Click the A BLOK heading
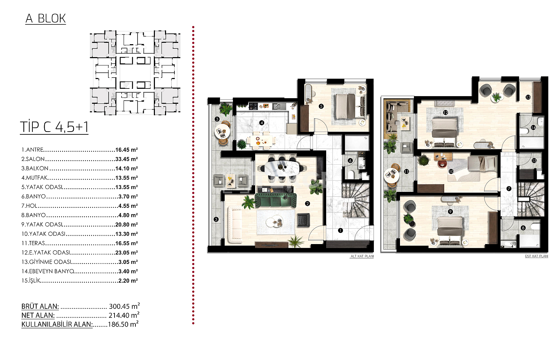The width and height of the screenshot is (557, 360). pyautogui.click(x=46, y=19)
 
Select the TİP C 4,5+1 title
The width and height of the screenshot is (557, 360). pyautogui.click(x=54, y=127)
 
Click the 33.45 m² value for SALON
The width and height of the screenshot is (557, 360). pyautogui.click(x=127, y=159)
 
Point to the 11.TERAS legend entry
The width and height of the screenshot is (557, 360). pyautogui.click(x=33, y=243)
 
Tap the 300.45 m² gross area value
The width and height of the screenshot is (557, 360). pyautogui.click(x=124, y=306)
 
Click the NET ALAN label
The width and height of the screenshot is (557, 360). pyautogui.click(x=38, y=315)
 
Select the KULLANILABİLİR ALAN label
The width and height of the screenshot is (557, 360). pyautogui.click(x=57, y=324)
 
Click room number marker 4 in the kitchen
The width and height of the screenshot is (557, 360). pyautogui.click(x=261, y=123)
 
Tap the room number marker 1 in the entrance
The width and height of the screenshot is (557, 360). pyautogui.click(x=340, y=230)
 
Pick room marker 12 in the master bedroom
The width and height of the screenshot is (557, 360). pyautogui.click(x=445, y=112)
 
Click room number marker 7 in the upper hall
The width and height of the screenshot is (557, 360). pyautogui.click(x=509, y=189)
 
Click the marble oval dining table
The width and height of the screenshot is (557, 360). pyautogui.click(x=282, y=168)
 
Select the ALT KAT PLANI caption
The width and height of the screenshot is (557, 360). pyautogui.click(x=362, y=256)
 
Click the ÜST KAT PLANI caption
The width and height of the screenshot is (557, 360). pyautogui.click(x=536, y=256)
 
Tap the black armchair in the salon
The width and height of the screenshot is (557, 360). pyautogui.click(x=304, y=220)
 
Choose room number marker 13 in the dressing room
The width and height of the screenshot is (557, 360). pyautogui.click(x=528, y=97)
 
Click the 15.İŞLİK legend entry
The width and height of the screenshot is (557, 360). pyautogui.click(x=31, y=280)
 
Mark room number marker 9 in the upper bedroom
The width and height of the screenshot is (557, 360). pyautogui.click(x=450, y=212)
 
